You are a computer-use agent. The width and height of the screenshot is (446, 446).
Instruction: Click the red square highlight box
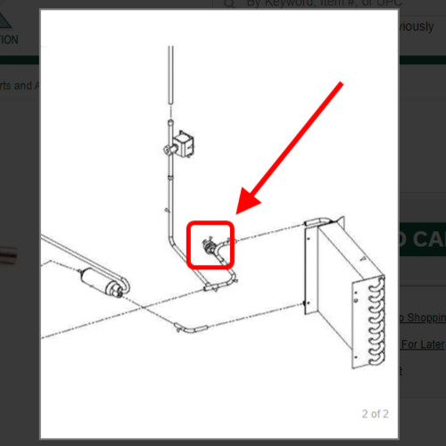[x=211, y=244]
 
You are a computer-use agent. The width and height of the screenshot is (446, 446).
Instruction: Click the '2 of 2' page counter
[x=375, y=414]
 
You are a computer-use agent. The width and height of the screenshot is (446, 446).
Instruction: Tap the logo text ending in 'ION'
[x=9, y=39]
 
